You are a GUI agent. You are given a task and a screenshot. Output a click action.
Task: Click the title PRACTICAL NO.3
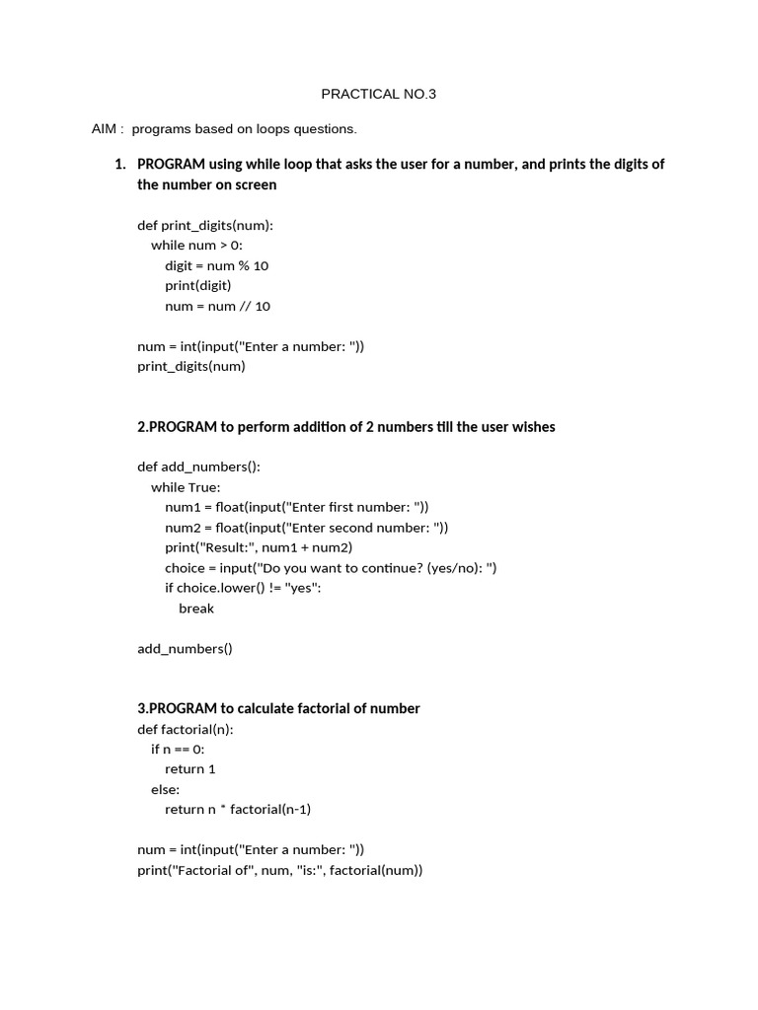click(x=378, y=95)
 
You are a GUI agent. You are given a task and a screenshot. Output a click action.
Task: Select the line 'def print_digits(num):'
click(x=205, y=225)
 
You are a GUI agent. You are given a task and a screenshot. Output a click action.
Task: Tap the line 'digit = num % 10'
click(x=216, y=265)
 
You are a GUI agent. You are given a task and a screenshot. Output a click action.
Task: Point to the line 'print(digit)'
click(x=197, y=285)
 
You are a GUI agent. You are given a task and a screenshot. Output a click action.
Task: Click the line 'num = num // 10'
click(x=217, y=306)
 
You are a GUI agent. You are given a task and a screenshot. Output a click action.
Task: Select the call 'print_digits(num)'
click(x=191, y=366)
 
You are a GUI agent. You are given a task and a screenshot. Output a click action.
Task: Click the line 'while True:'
click(x=186, y=487)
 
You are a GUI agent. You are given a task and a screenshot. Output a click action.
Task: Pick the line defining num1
click(x=296, y=507)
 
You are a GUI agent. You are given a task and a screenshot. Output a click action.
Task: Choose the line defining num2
click(x=306, y=528)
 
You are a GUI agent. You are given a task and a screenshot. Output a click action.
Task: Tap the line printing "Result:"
click(x=259, y=547)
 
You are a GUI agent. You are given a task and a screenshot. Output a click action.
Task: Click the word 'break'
click(x=196, y=609)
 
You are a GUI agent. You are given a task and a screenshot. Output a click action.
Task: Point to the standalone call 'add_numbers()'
click(x=185, y=649)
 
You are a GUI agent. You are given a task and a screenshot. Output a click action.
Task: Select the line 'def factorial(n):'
click(x=186, y=729)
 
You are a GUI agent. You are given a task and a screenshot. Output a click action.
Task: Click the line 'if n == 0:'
click(x=178, y=750)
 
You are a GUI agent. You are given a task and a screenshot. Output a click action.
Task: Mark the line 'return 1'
click(x=189, y=769)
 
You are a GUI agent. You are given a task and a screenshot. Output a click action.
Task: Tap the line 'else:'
click(x=165, y=789)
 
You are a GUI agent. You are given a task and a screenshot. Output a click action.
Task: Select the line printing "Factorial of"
click(x=279, y=870)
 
